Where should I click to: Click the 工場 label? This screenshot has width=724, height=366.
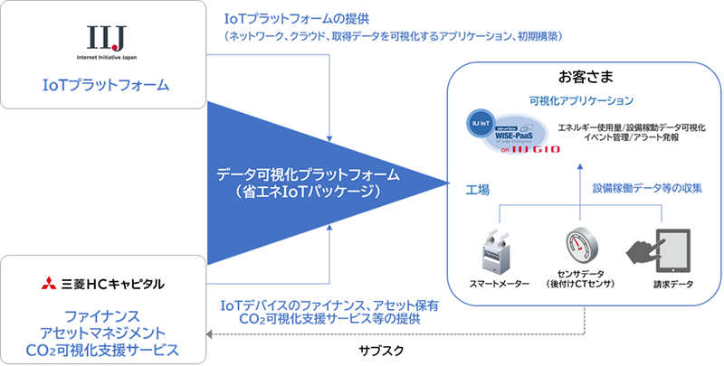[x=477, y=191]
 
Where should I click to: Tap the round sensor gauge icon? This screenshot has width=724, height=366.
[x=580, y=245]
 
